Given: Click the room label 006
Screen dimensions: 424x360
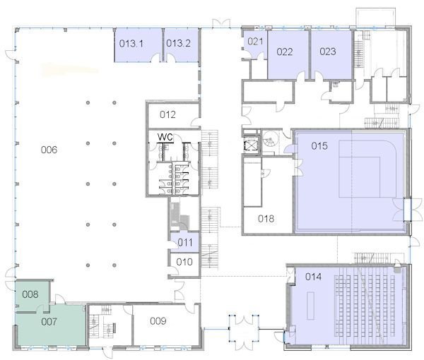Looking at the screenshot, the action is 49,150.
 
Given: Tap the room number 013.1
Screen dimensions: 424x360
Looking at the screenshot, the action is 131,44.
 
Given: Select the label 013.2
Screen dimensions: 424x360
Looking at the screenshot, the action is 178,43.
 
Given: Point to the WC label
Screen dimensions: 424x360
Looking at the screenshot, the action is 165,137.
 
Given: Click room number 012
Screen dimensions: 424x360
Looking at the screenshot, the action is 167,114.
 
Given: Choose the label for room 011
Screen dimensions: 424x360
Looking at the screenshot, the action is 185,243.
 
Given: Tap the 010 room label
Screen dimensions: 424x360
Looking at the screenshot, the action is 184,262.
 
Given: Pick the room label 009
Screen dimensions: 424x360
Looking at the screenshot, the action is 158,321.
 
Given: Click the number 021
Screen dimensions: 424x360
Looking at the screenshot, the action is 255,42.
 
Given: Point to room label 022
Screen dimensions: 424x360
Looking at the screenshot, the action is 285,52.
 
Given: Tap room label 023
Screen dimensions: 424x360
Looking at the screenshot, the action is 328,52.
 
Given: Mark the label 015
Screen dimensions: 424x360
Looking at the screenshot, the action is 319,146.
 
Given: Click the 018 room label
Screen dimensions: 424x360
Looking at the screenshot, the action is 266,219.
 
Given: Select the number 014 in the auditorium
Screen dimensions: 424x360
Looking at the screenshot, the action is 313,277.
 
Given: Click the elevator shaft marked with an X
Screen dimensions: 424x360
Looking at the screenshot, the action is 251,146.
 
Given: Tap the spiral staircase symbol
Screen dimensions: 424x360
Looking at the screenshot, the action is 269,140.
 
